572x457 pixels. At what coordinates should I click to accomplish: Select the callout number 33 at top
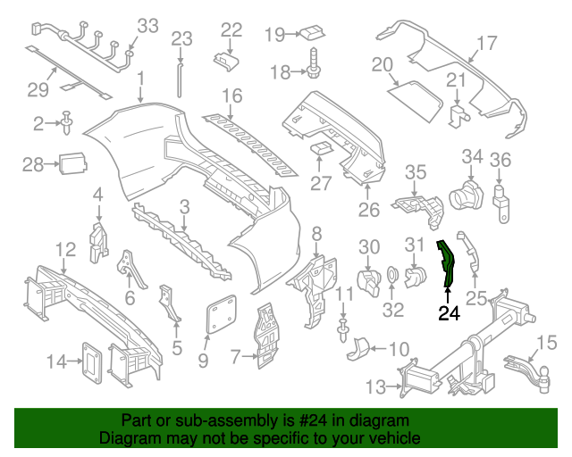[147, 24]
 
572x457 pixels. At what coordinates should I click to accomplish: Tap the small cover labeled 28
[72, 163]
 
